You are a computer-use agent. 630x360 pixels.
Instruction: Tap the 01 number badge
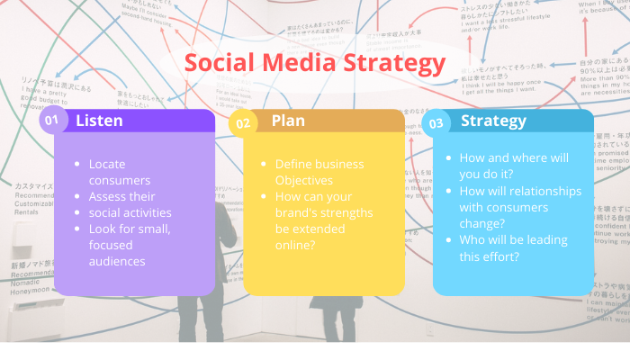coord(52,121)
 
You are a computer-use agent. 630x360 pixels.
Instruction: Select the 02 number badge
coord(242,122)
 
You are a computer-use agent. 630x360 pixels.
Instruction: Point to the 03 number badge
coord(437,122)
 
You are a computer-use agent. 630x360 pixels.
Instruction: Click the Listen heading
coord(99,120)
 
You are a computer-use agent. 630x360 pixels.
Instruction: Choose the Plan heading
coord(288,121)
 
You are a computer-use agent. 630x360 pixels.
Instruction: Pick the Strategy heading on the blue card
coord(494,121)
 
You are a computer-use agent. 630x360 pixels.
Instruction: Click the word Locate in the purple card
coord(108,165)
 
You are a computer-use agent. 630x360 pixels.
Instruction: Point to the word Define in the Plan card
coord(293,165)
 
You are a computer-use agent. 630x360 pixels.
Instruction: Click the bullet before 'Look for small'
coord(80,229)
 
